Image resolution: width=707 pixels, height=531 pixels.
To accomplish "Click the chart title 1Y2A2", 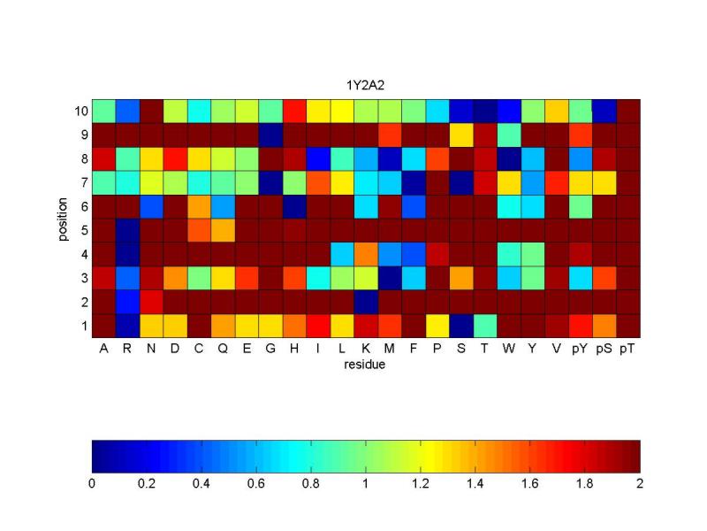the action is point(365,85).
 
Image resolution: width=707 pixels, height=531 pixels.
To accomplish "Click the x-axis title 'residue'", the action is point(364,365).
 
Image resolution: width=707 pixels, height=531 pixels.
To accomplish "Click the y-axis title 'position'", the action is point(63,219).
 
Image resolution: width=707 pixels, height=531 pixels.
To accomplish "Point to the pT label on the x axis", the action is point(627,349).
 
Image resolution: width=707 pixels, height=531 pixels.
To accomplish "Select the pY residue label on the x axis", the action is point(580,349).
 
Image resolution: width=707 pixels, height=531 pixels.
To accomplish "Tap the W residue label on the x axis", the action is point(509,348).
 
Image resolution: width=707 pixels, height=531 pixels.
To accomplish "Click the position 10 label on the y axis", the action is point(81,112).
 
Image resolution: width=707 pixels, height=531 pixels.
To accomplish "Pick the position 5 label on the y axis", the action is point(84,230).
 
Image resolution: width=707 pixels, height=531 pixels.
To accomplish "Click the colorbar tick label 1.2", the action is point(421,483).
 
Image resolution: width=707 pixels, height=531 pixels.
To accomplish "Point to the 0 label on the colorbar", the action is point(92,483).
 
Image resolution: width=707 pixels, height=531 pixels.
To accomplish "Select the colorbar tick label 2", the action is point(640,483).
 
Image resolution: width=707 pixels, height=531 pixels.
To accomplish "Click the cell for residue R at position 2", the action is point(127,302).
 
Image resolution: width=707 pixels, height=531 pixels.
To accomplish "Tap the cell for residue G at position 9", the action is point(270,135).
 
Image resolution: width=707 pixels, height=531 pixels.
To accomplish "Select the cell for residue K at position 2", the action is point(366,302).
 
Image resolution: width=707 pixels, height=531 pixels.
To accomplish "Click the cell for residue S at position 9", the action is point(461,135).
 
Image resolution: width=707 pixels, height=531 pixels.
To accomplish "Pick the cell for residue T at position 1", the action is point(485,326).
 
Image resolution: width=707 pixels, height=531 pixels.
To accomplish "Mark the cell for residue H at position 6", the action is point(294,207).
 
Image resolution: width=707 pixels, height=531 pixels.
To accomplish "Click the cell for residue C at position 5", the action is point(200,231).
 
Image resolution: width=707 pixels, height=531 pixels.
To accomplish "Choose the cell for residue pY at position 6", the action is point(581,207).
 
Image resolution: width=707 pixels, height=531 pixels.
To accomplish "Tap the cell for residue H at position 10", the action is point(294,112).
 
